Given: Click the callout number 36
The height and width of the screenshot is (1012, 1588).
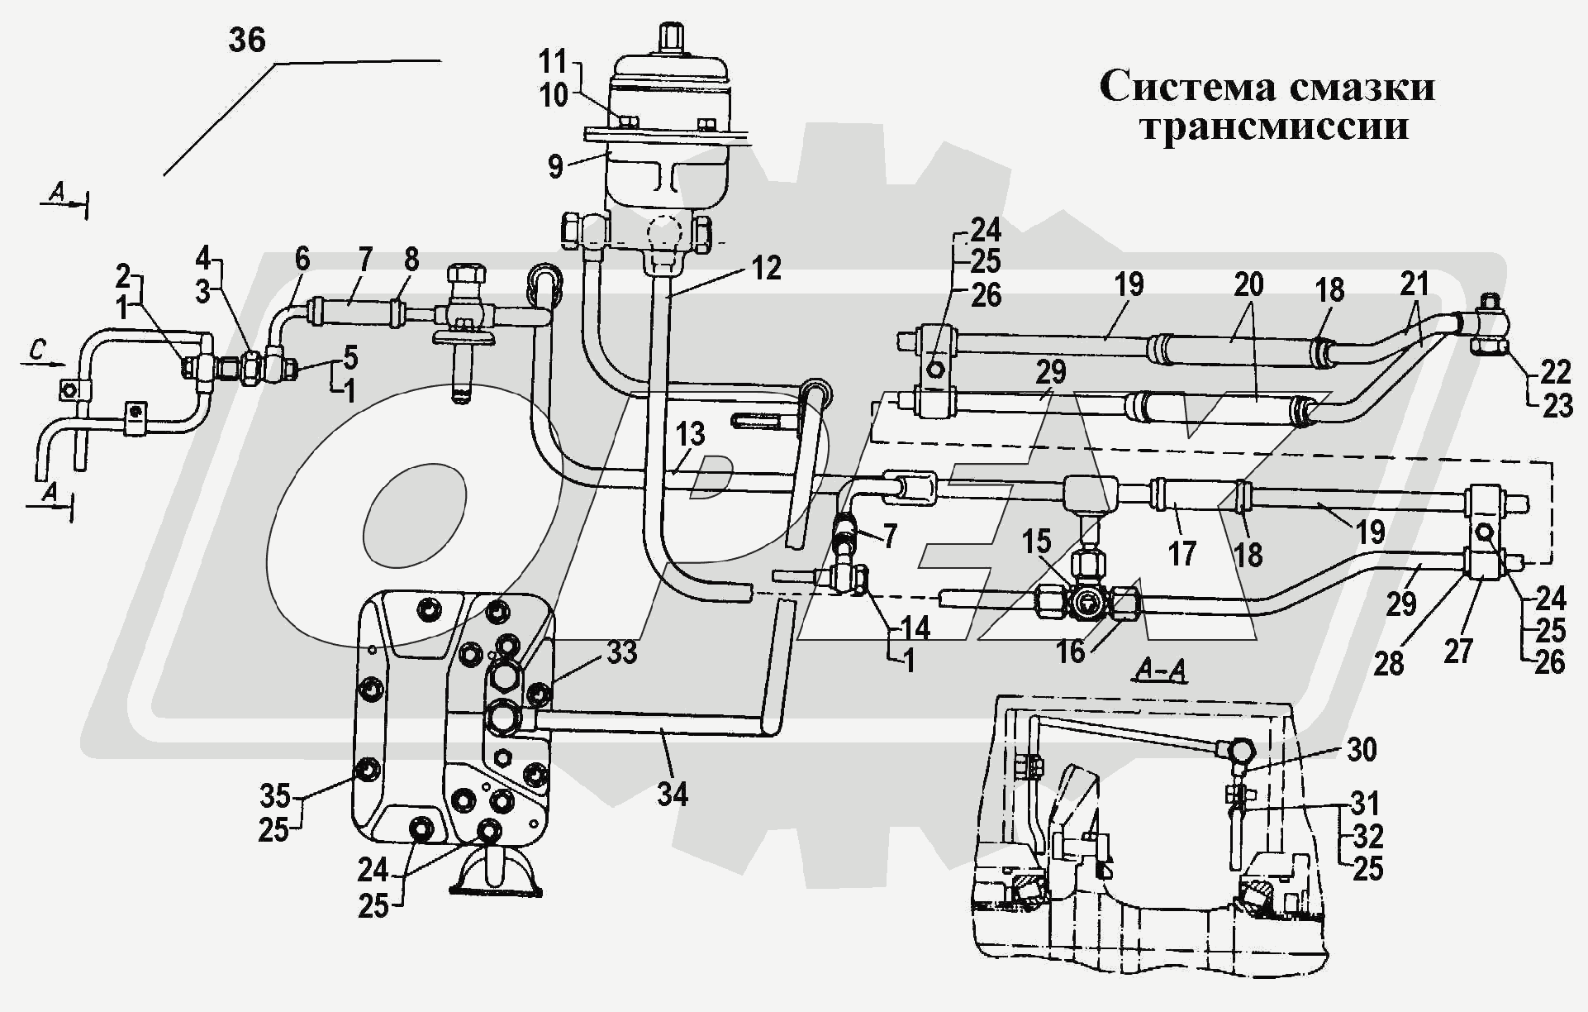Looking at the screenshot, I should (246, 41).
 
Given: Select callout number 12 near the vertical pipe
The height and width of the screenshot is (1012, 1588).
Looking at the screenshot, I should (766, 268).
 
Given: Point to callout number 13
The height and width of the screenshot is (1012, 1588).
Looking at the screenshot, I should (690, 433).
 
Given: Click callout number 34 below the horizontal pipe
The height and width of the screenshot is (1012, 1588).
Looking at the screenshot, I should (673, 794).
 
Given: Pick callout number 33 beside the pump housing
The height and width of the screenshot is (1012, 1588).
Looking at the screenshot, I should (621, 652).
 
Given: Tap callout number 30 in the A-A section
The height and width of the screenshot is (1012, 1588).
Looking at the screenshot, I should (1361, 749).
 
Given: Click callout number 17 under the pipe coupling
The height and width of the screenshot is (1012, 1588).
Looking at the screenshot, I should (1181, 553).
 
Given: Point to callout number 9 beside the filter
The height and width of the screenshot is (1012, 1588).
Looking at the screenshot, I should (555, 166).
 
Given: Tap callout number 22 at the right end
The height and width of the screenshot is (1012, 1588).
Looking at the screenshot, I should (1555, 372).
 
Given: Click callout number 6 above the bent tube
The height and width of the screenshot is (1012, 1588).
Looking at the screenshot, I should (302, 259).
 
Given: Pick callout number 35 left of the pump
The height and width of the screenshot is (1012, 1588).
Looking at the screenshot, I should (275, 795).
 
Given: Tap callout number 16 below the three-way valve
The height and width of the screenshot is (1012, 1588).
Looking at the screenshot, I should (1070, 652).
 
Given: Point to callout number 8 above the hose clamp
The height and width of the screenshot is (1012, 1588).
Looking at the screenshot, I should (411, 260).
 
